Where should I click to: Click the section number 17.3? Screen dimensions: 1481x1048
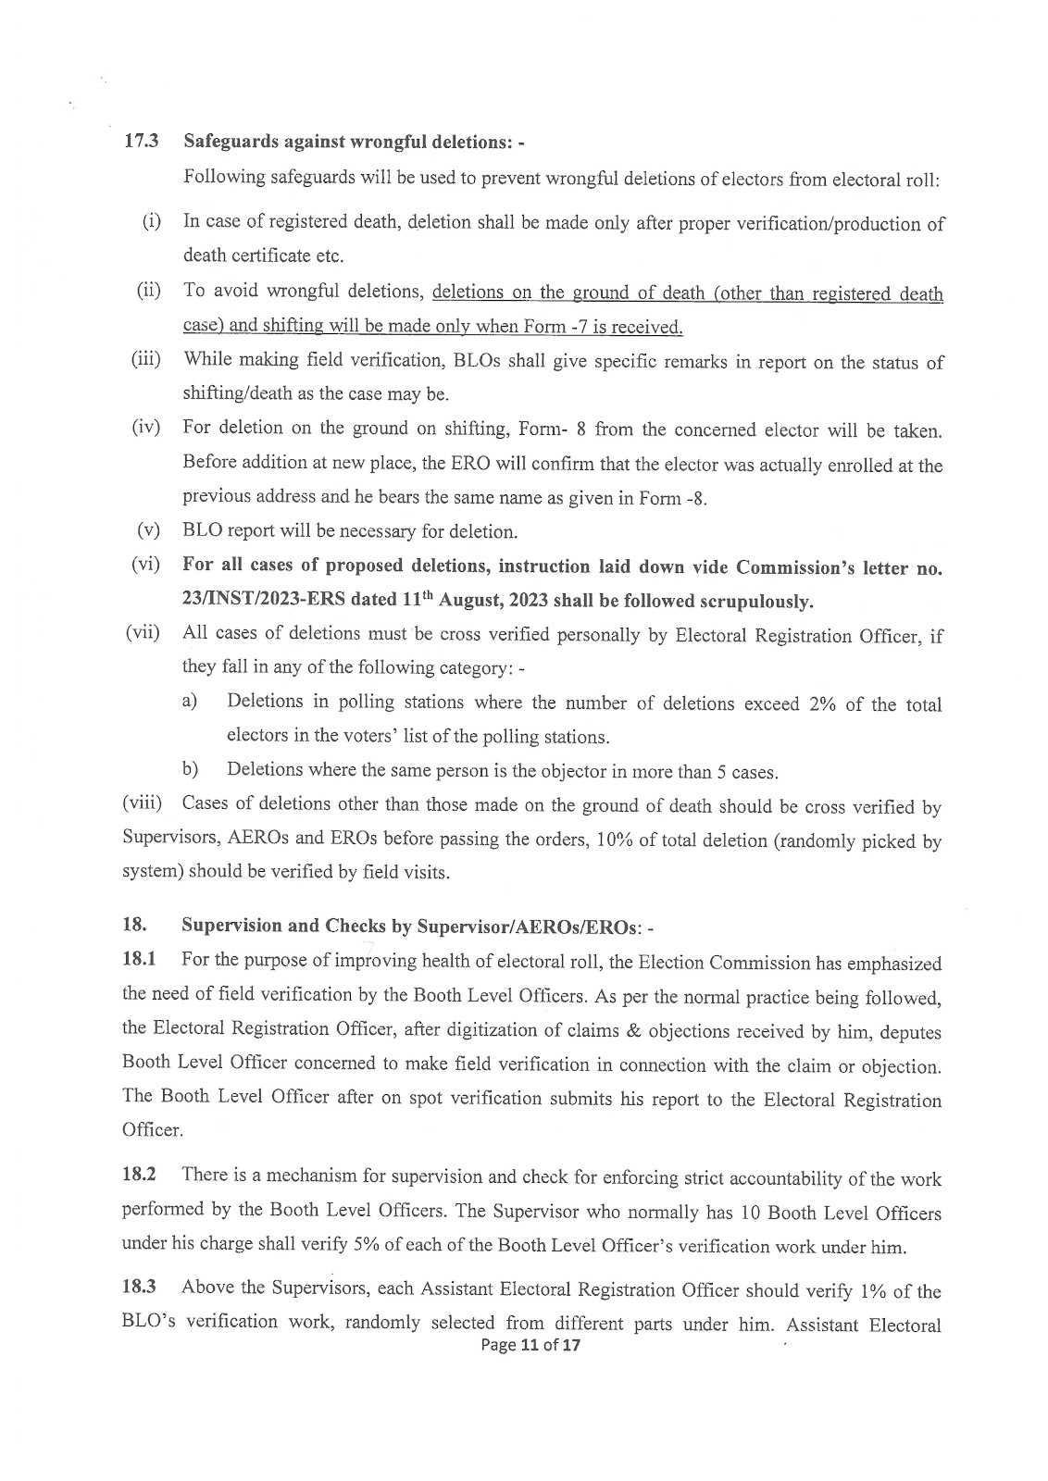pos(141,142)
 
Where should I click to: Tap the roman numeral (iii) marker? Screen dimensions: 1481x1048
pos(144,360)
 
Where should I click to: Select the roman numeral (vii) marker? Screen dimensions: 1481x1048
pos(143,634)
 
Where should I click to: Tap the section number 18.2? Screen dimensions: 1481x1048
pos(140,1176)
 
